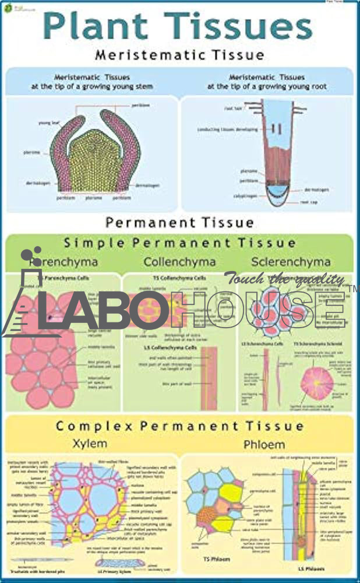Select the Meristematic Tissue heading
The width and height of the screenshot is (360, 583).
coord(179,55)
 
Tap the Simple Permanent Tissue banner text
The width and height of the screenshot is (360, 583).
coord(179,243)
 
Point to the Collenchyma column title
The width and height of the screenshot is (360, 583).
coord(179,262)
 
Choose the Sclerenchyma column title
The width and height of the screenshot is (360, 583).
coord(291,262)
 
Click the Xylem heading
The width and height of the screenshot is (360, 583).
coord(90,444)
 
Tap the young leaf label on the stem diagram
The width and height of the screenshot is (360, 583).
coord(47,123)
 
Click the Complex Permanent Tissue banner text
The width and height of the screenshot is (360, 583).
coord(179,426)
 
